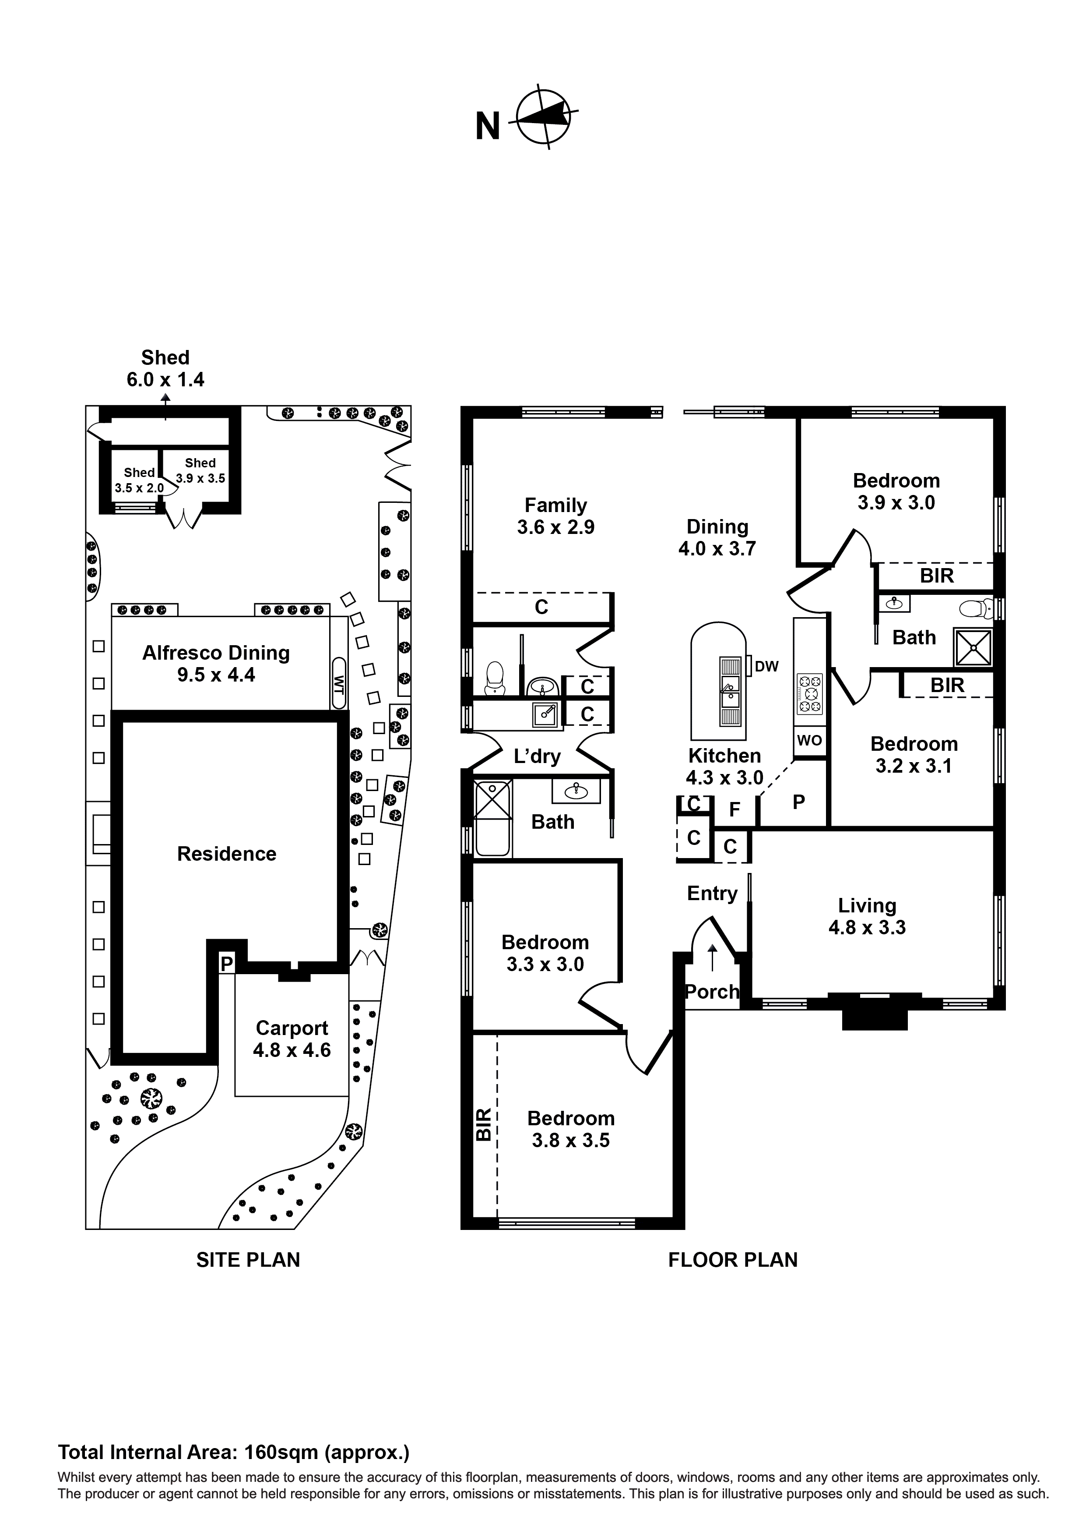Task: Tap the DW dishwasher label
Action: pyautogui.click(x=766, y=666)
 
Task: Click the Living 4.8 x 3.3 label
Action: pyautogui.click(x=867, y=916)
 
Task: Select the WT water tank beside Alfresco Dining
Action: pyautogui.click(x=338, y=683)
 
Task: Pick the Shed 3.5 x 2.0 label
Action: pyautogui.click(x=139, y=480)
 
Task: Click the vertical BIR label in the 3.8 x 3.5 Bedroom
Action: pyautogui.click(x=484, y=1124)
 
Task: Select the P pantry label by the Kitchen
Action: pyautogui.click(x=798, y=801)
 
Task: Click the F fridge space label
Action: pyautogui.click(x=734, y=809)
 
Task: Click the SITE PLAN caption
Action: pyautogui.click(x=248, y=1260)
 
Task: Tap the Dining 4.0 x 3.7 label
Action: pyautogui.click(x=717, y=537)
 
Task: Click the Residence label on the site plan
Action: pyautogui.click(x=226, y=854)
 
